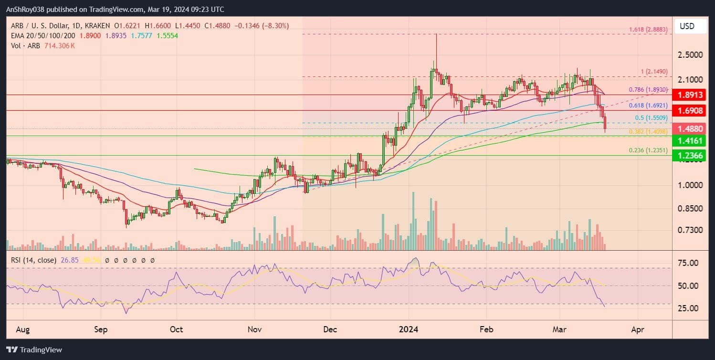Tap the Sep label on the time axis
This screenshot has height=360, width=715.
point(101,329)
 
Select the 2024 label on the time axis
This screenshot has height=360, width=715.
point(409,329)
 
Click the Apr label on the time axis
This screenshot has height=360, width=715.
point(638,329)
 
